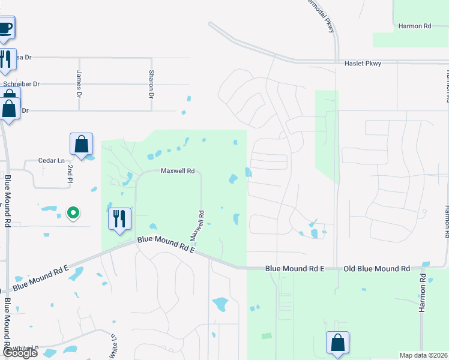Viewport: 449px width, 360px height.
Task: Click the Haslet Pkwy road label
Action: [363, 63]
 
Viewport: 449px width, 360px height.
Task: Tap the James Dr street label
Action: [79, 84]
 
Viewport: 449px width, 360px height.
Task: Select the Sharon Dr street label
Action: [151, 84]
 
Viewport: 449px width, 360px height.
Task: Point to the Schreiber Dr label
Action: [21, 84]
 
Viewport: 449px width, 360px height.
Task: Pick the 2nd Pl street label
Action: [70, 174]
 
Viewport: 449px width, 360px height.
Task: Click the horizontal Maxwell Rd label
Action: [177, 171]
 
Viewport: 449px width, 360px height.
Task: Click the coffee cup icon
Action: [5, 28]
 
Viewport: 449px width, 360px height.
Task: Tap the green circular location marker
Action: [73, 212]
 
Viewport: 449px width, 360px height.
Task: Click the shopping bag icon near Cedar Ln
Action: [81, 144]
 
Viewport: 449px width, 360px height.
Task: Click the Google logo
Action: [19, 353]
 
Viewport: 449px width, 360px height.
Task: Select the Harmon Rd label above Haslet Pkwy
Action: [415, 26]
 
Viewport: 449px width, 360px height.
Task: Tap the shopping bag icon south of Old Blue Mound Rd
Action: [337, 343]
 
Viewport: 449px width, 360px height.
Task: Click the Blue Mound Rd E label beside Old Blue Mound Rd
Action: [295, 269]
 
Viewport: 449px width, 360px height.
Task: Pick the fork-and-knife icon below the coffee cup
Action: [5, 59]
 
